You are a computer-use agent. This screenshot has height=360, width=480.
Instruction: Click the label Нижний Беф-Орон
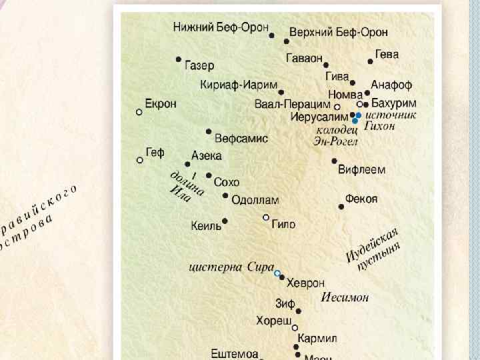221,27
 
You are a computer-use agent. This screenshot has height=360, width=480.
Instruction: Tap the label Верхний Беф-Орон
339,32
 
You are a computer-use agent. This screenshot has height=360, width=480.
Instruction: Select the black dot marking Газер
179,59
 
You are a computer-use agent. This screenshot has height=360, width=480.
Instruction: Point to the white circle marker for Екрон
139,112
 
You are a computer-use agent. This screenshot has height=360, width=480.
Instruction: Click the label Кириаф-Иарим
238,85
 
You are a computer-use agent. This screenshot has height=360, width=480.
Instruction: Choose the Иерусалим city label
319,116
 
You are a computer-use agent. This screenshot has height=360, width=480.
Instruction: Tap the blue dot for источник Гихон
359,115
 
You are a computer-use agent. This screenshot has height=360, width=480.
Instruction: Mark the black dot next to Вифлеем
335,161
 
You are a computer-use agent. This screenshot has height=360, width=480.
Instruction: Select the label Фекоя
361,199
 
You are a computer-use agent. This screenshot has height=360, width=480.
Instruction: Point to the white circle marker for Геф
140,160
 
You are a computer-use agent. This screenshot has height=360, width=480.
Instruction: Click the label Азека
206,155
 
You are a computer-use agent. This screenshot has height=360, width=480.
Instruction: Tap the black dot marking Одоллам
226,196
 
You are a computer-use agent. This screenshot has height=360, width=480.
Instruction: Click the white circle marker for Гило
266,217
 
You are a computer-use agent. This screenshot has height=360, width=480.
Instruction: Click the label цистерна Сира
231,268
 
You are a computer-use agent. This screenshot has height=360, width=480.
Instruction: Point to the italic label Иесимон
345,297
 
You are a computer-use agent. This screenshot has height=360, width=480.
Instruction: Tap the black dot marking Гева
371,61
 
